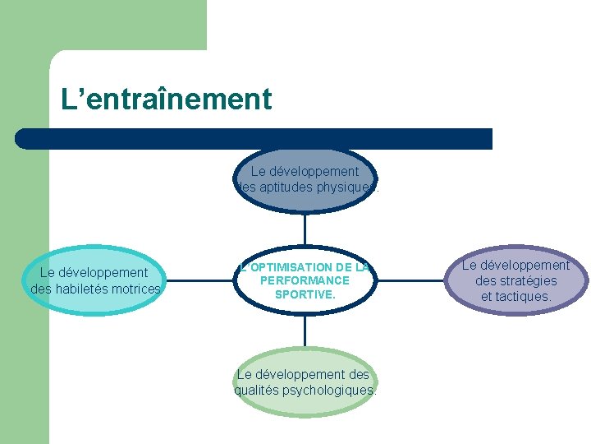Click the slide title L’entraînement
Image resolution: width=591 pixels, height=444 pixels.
(x=166, y=99)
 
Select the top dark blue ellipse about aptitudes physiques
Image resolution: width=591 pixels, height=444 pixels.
(x=305, y=179)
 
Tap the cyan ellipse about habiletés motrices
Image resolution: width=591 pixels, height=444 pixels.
(x=95, y=280)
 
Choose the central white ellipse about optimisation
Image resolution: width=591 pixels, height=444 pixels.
(x=305, y=280)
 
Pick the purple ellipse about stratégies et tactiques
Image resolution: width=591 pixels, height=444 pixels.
(x=515, y=280)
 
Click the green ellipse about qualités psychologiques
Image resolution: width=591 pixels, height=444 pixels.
(x=305, y=382)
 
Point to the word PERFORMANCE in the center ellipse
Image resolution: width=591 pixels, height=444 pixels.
(x=305, y=280)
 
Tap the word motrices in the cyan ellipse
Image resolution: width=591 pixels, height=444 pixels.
(x=137, y=289)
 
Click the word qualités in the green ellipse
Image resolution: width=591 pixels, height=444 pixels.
(x=256, y=390)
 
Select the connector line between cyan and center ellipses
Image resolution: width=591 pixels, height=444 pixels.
(x=198, y=280)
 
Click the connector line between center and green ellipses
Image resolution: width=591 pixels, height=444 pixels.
(x=305, y=331)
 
